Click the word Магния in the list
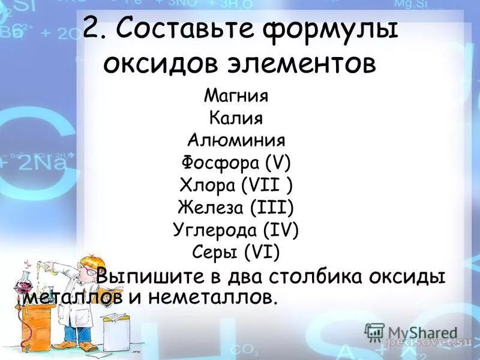236,95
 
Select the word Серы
216,252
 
